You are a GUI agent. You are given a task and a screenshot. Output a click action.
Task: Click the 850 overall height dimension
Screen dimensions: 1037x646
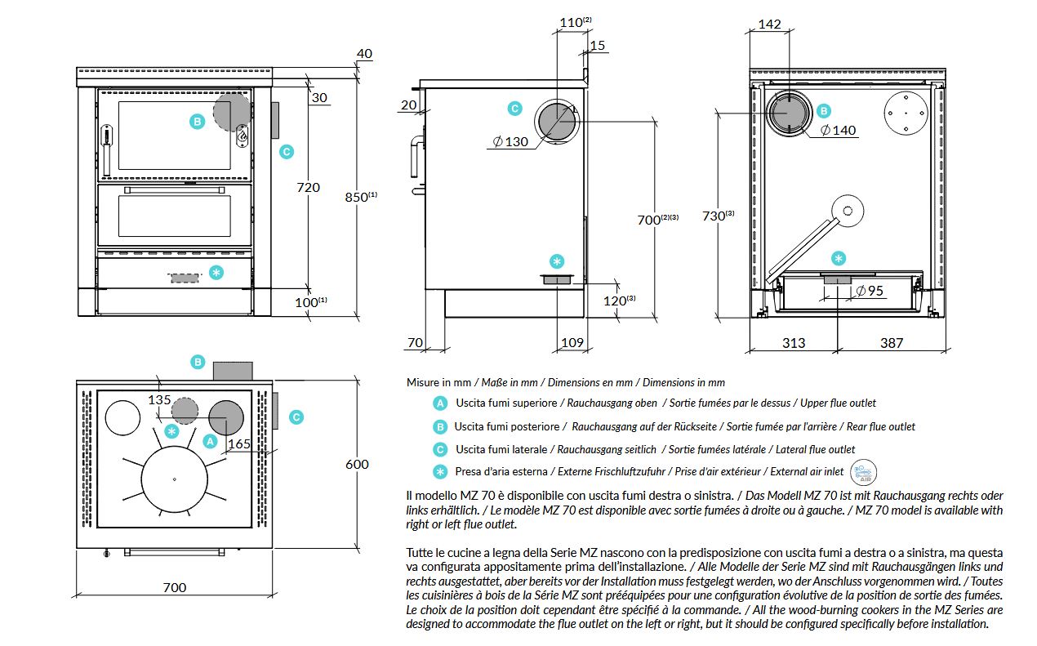361,197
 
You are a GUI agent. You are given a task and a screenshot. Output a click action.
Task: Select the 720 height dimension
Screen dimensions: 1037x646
309,187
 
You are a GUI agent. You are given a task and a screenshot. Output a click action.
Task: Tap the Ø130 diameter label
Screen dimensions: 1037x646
510,141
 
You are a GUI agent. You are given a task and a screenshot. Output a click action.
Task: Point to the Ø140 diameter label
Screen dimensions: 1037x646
838,130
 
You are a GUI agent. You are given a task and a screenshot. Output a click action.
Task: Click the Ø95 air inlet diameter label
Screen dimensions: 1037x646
870,291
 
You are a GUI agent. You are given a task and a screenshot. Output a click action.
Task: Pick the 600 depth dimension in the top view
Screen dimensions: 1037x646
357,464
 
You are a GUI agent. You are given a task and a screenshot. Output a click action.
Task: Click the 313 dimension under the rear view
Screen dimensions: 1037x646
794,343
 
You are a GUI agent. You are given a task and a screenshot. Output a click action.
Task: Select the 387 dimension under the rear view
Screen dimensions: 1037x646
892,343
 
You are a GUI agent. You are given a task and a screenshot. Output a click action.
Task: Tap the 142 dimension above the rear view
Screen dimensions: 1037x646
769,24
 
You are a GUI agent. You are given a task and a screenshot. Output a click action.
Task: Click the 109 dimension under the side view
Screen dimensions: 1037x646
572,342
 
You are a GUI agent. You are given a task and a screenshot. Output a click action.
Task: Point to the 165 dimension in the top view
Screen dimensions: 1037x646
239,443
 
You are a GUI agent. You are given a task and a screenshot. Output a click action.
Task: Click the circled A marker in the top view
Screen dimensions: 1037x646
210,441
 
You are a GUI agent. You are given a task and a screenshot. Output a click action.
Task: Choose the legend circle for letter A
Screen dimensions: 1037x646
440,403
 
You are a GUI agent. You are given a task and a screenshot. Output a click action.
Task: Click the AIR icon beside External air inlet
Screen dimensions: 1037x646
863,472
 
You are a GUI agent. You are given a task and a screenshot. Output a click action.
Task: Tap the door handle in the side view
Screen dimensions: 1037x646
416,157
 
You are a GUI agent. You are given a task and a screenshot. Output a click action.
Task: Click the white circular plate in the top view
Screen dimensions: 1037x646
122,417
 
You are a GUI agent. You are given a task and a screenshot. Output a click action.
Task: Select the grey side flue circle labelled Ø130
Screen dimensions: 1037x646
558,122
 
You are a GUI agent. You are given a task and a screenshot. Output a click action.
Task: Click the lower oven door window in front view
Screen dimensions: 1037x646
175,216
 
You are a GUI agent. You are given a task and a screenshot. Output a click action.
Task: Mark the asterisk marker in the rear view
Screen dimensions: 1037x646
839,258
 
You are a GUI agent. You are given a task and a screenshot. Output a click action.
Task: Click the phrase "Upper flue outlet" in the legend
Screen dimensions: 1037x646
838,403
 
